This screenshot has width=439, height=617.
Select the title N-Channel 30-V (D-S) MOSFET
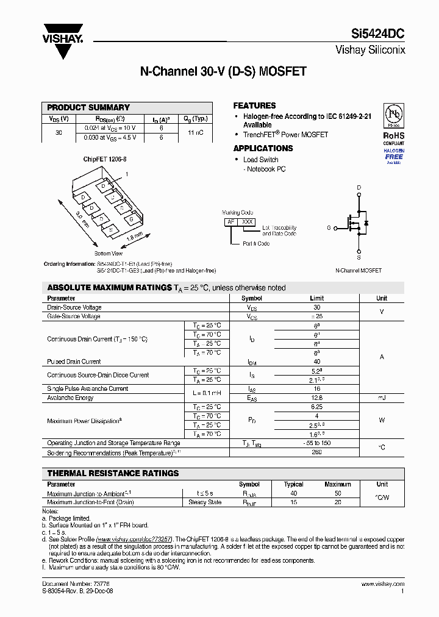point(223,71)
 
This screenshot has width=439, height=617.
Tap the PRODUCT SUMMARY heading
point(88,107)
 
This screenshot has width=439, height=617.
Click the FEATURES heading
point(254,105)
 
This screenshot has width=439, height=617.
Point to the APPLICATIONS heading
point(263,148)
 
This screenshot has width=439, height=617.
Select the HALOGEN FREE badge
point(393,156)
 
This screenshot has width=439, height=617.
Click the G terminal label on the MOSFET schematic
point(329,227)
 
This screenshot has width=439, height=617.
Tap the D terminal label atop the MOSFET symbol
point(359,187)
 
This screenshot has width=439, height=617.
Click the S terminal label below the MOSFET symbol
point(359,258)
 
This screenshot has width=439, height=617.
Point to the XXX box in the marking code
point(247,222)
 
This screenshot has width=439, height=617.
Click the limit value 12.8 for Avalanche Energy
point(316,398)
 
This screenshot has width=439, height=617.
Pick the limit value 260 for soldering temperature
point(316,452)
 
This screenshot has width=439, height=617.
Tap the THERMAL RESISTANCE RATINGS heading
point(113,473)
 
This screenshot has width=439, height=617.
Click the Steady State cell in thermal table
point(205,502)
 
